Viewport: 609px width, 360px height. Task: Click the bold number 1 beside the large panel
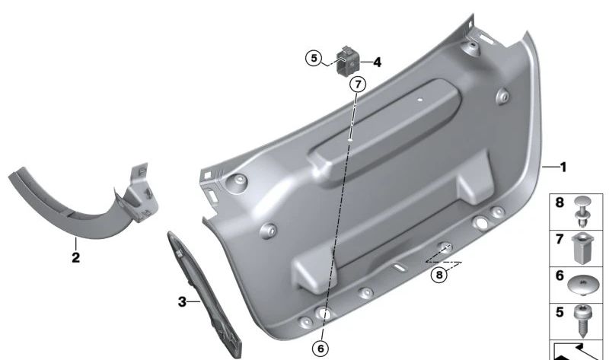[x=563, y=166]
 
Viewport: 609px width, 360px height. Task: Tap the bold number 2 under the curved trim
[x=75, y=257]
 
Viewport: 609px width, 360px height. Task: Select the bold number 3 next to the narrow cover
[x=182, y=302]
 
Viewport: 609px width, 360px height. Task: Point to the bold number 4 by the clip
[x=377, y=62]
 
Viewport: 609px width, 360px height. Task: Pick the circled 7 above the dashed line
[x=358, y=84]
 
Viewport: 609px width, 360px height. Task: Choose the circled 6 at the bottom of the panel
[x=321, y=348]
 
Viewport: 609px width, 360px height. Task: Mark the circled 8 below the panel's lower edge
[x=438, y=276]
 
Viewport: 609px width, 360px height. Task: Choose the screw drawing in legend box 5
[x=585, y=320]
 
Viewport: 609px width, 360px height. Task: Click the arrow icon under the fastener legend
[x=578, y=351]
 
